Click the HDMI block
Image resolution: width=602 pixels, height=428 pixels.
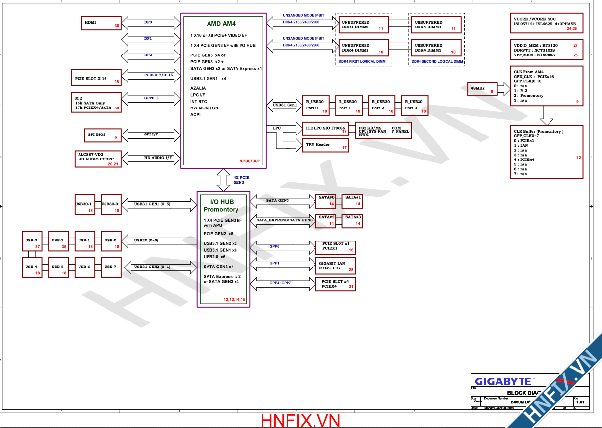point(101,23)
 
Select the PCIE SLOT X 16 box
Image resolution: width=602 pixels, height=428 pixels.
point(96,78)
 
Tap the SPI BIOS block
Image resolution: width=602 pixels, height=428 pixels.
point(101,135)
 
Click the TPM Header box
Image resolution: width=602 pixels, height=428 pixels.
point(324,145)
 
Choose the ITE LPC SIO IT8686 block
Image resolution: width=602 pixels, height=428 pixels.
point(324,129)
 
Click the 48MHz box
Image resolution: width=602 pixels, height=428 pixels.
point(482,88)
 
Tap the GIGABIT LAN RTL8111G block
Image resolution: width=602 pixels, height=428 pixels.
point(336,266)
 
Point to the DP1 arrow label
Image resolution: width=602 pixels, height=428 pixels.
point(148,38)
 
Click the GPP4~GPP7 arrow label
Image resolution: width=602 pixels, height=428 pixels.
point(280,283)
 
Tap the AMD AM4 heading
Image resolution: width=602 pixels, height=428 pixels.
point(221,23)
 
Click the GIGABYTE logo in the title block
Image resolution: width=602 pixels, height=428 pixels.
point(503,381)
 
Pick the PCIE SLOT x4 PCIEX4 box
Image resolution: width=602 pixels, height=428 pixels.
point(336,284)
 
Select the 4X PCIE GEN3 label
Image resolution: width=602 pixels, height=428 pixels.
point(241,179)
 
